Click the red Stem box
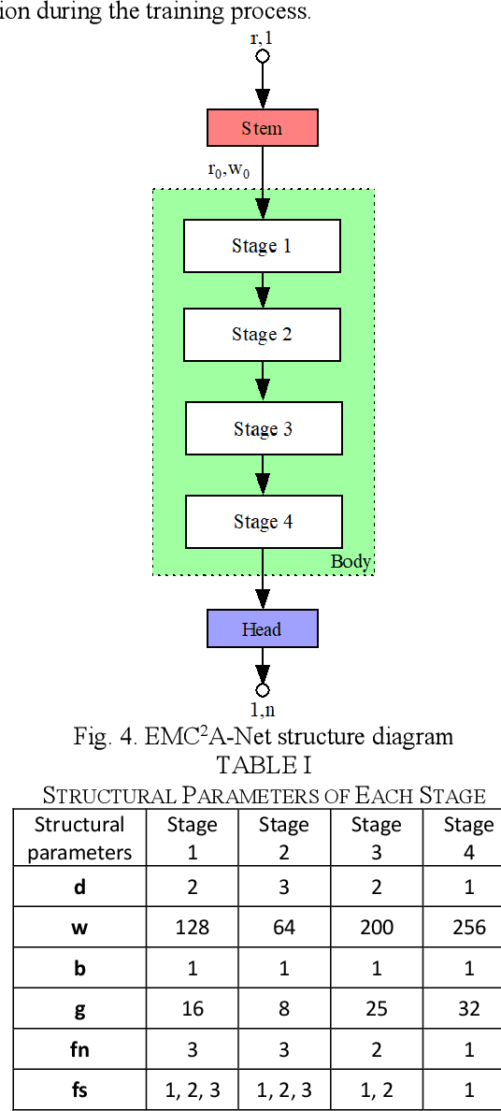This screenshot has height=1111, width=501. tap(262, 128)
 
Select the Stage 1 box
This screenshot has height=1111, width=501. tap(262, 246)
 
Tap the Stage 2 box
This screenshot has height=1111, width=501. tap(262, 335)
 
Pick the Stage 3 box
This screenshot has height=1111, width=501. tap(263, 428)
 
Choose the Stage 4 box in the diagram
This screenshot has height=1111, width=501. tap(263, 522)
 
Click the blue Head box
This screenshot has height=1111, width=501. tap(262, 628)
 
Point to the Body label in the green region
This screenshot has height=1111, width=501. tap(351, 562)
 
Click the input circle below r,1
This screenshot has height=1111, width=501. tap(263, 56)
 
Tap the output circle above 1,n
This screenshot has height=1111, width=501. tap(263, 690)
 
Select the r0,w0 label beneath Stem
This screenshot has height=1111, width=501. tap(228, 170)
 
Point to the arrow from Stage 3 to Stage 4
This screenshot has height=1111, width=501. tap(263, 475)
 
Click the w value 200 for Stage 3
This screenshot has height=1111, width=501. tap(376, 927)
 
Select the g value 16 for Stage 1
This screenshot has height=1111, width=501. tap(192, 1008)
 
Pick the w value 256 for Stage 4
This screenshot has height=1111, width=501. tap(468, 927)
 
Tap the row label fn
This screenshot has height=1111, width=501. tap(79, 1049)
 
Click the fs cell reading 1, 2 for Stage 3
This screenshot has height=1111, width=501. tap(376, 1089)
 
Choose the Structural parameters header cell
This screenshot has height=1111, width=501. tap(79, 838)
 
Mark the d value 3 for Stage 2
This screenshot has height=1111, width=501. tap(283, 887)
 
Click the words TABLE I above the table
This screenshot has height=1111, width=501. tap(264, 764)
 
